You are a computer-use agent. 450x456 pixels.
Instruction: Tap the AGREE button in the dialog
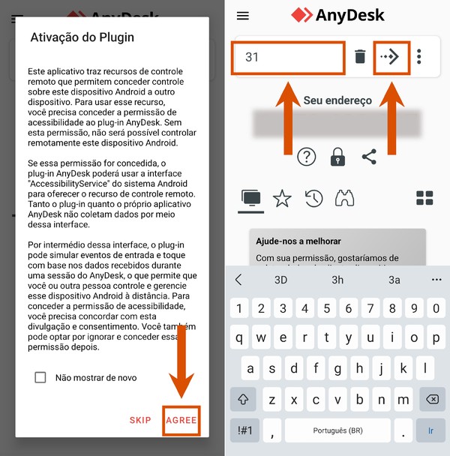coord(181,420)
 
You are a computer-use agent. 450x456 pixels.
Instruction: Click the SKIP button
coord(140,420)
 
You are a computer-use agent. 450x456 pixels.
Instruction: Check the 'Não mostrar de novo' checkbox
coord(40,377)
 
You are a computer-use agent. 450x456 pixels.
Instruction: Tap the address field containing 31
coord(289,57)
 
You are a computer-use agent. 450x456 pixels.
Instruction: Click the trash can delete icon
coord(360,57)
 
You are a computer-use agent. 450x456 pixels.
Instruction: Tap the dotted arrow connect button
coord(391,57)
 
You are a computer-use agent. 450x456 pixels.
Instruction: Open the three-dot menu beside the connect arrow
coord(419,57)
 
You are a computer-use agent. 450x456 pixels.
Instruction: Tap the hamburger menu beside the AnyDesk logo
coord(242,16)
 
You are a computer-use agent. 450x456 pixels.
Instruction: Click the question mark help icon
coord(306,157)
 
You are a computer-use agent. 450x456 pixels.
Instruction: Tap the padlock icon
coord(337,157)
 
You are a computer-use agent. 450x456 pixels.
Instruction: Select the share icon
coord(369,157)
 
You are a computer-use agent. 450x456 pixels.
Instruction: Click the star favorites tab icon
coord(282,198)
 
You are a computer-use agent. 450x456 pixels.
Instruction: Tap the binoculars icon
coord(344,198)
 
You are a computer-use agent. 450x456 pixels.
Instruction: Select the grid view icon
coord(424,198)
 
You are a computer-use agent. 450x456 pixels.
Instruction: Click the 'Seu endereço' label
coord(337,100)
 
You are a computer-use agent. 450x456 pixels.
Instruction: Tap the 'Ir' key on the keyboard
coord(430,430)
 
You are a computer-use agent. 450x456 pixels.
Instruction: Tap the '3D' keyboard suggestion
coord(280,280)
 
